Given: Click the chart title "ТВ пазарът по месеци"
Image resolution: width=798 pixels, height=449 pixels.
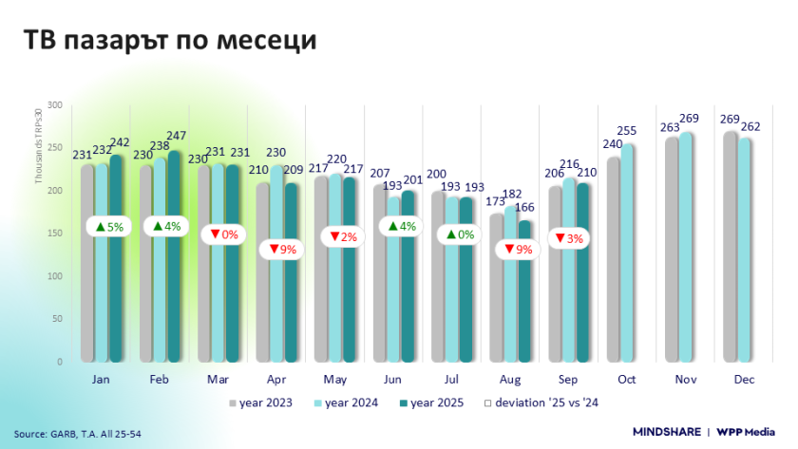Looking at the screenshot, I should pos(169,41).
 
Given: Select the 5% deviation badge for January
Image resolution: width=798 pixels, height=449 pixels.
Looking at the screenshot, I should pos(109,227).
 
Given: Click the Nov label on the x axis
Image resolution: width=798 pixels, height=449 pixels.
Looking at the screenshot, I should pos(684,379).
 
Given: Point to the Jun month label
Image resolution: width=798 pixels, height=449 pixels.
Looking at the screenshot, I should pos(391,379).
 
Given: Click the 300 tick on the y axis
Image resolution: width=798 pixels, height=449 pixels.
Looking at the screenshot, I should pos(55,104).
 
